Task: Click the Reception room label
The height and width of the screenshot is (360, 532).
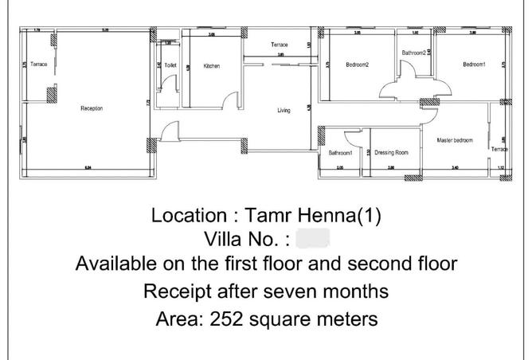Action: click(x=92, y=108)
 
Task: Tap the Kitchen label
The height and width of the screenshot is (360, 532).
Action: click(x=211, y=65)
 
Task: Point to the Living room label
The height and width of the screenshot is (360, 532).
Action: click(x=284, y=111)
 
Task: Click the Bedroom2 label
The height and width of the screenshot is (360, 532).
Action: click(x=357, y=65)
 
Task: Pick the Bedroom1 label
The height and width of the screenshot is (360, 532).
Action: click(x=474, y=65)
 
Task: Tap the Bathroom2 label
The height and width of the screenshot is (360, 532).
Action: click(x=414, y=53)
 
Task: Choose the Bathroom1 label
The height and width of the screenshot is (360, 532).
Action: click(x=341, y=152)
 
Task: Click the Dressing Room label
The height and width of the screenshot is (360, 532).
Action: click(x=391, y=152)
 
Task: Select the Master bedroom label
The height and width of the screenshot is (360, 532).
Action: click(x=455, y=140)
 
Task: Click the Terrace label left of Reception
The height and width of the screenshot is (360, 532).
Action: click(x=39, y=64)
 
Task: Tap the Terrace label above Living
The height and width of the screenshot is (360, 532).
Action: click(x=279, y=45)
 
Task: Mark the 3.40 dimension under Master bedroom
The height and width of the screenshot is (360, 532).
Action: click(x=454, y=168)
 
